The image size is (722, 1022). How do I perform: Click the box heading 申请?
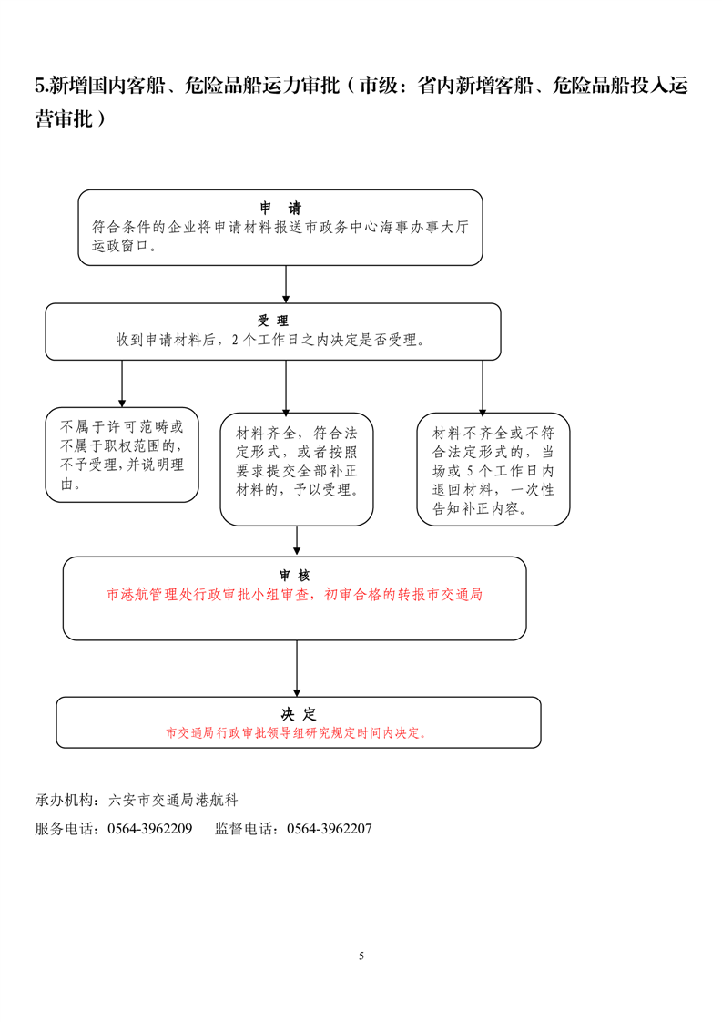(280, 208)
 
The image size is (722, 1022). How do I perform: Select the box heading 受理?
(273, 321)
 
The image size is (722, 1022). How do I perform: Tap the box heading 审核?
(294, 575)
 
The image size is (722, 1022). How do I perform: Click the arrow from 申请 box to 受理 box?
(286, 284)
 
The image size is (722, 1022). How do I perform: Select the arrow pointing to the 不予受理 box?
(122, 383)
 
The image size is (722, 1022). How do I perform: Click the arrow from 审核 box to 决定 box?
(297, 669)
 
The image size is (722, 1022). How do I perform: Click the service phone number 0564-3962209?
(149, 830)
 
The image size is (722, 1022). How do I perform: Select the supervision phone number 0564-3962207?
(329, 830)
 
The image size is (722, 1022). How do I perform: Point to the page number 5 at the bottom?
(361, 956)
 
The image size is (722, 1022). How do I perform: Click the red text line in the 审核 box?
(294, 595)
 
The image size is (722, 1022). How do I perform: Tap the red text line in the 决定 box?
(297, 732)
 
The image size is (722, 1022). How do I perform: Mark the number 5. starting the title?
(42, 87)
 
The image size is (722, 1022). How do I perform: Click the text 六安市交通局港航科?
(173, 801)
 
